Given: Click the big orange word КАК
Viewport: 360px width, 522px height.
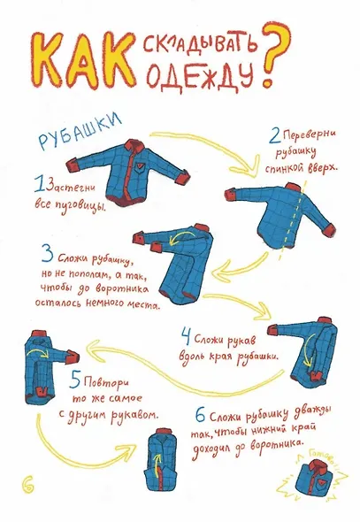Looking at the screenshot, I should (80, 64).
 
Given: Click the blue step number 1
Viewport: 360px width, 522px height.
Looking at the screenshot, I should (38, 185).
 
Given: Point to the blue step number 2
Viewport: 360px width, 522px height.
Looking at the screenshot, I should (275, 136).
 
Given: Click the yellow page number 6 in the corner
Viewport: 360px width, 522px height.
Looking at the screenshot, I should (27, 481).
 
